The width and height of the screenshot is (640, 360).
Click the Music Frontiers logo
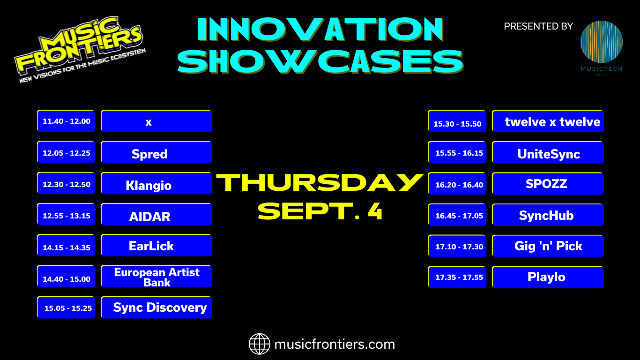click(x=80, y=49)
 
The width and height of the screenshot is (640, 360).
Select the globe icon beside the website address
click(x=260, y=344)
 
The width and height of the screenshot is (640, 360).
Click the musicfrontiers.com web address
click(x=335, y=344)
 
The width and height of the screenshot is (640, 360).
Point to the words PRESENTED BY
click(x=538, y=26)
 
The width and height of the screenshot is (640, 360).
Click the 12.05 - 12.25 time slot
click(x=66, y=152)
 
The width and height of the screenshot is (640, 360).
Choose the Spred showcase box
click(x=156, y=152)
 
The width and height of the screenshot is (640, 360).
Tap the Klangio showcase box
click(x=156, y=184)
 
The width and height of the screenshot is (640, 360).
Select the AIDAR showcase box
click(x=156, y=215)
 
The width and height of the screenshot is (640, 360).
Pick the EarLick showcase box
click(x=156, y=246)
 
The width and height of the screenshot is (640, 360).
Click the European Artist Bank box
click(x=156, y=277)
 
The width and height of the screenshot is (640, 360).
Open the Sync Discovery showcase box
click(x=156, y=307)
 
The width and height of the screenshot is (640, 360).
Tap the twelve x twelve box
click(x=548, y=121)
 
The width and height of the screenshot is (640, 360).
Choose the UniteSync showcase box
click(x=548, y=153)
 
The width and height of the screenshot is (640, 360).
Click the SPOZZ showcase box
click(x=548, y=184)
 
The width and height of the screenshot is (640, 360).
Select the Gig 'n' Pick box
click(x=548, y=246)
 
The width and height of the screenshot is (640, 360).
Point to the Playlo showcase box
click(x=548, y=277)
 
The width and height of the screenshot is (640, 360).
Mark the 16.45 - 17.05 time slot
click(x=457, y=215)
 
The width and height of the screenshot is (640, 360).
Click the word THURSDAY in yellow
click(x=320, y=182)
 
